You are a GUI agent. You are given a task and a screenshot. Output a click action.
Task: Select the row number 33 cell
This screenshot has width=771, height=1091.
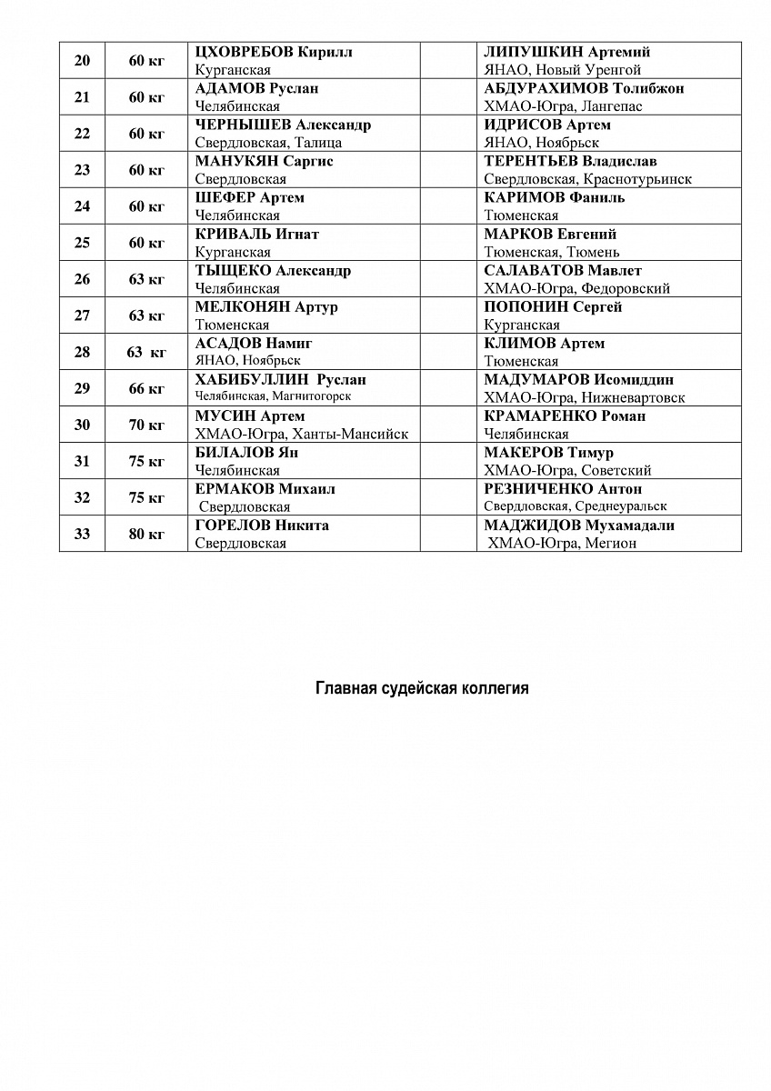pos(82,534)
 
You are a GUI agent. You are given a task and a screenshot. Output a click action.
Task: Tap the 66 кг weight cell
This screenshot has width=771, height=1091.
pos(146,388)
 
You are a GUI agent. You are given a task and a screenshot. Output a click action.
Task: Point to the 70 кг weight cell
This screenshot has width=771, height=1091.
pos(146,425)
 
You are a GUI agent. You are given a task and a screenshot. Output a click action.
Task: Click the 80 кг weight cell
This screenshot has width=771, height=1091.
pos(146,534)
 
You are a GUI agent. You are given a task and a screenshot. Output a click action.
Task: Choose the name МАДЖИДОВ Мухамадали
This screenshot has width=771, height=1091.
pos(579,525)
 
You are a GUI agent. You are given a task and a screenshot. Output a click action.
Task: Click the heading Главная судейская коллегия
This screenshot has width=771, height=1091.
pos(422,688)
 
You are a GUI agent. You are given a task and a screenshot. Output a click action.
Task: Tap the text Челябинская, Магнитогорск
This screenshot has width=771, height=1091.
pos(273,396)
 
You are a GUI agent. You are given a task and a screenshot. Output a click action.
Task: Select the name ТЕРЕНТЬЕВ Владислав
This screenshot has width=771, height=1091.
pos(570,161)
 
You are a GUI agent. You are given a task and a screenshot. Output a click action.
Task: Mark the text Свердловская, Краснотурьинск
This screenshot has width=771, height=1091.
pos(587,179)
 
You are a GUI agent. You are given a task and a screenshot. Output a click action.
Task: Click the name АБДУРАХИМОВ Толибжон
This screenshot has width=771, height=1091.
pos(584,88)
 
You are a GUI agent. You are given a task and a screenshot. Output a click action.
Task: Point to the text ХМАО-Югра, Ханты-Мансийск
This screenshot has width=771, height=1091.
pos(302,434)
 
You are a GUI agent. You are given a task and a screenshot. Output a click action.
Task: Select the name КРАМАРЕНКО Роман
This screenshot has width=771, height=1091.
pos(565,416)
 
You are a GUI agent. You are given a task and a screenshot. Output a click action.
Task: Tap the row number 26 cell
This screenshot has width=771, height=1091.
pos(82,279)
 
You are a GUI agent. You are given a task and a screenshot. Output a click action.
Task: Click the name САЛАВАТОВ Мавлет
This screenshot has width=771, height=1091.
pos(563,271)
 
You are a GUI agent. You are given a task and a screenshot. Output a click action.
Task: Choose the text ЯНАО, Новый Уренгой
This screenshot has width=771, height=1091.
pos(563,70)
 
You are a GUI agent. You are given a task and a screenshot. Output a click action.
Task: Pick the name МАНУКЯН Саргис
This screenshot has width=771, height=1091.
pos(265,161)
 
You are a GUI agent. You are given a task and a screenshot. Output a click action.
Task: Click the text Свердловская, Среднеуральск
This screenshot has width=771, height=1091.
pos(576,506)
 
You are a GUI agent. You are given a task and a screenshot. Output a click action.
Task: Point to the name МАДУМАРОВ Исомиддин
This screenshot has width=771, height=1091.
pos(579,380)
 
